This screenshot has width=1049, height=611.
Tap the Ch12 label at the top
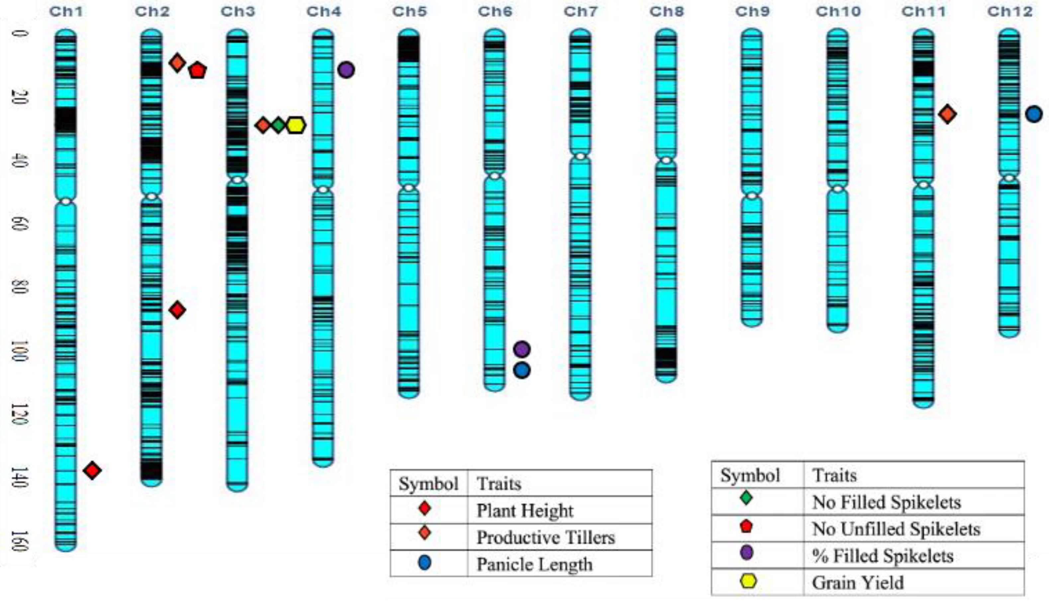coord(1010,11)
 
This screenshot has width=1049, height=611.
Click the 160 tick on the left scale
coord(18,541)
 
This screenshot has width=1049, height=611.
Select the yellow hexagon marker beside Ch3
coord(296,125)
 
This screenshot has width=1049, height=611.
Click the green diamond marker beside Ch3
coord(279,125)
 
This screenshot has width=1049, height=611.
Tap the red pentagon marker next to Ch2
coord(197,70)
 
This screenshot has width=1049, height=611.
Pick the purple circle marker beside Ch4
coord(346,69)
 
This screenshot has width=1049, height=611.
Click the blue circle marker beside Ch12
coord(1034,114)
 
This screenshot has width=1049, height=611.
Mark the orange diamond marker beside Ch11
coord(947,114)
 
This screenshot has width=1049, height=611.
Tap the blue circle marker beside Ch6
coord(522,370)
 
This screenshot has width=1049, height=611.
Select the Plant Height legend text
coord(525,510)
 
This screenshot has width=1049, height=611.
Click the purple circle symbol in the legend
coord(746,553)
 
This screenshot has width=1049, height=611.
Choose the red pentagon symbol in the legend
coord(746,526)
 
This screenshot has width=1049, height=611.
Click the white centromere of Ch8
coord(666,160)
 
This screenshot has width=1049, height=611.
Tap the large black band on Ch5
coord(409,49)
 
